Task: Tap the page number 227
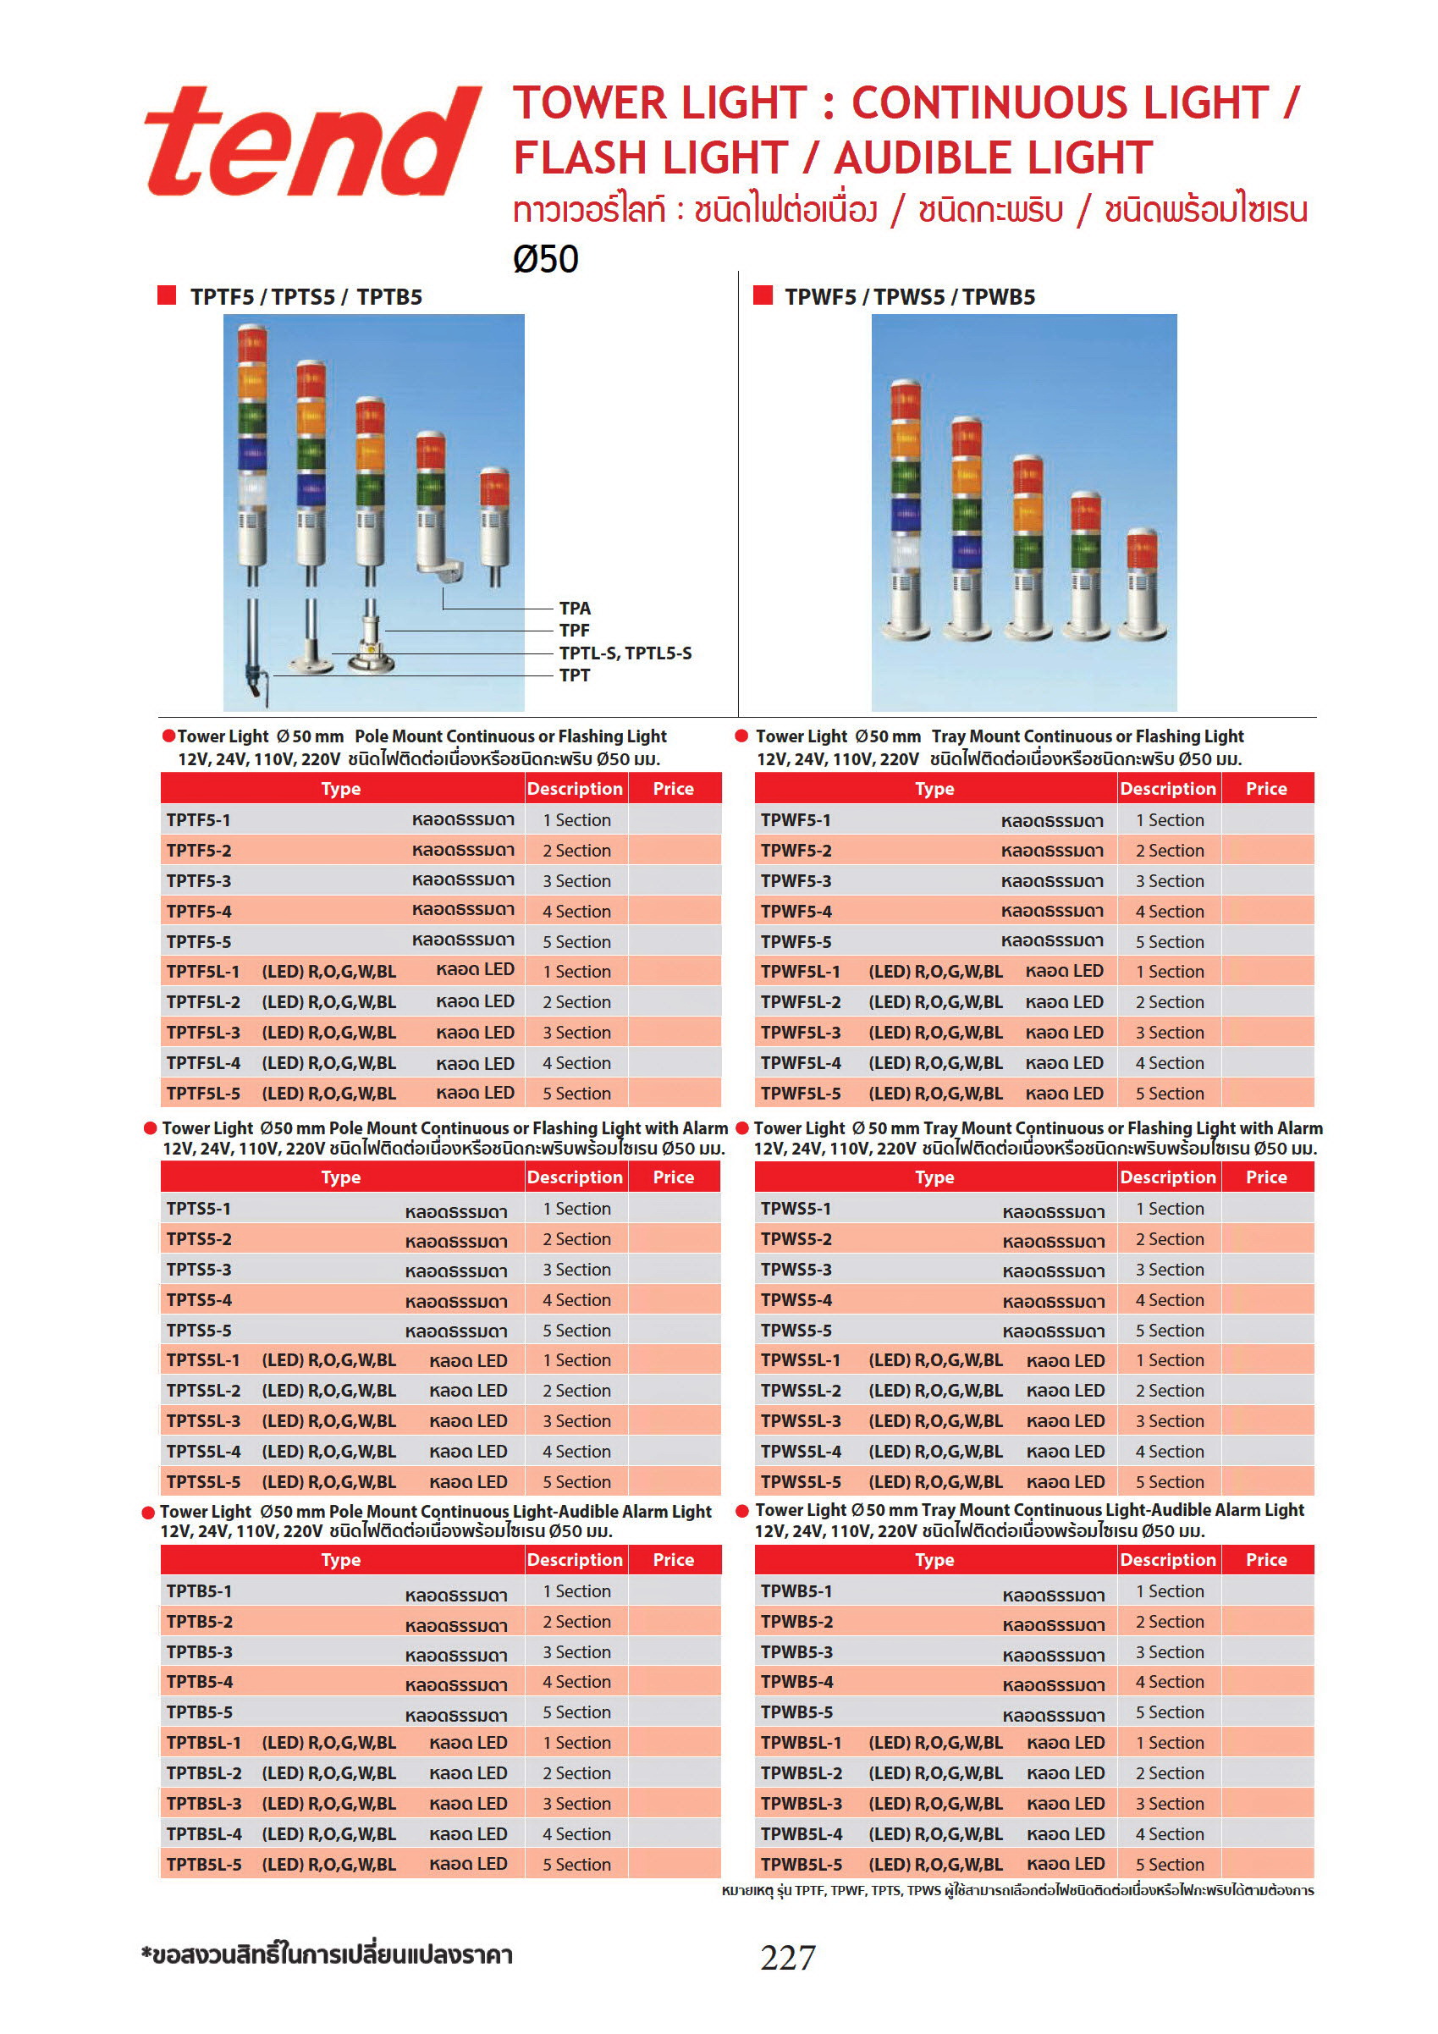click(787, 1957)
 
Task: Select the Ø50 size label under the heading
click(546, 259)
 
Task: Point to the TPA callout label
click(574, 608)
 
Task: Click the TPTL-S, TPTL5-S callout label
click(625, 653)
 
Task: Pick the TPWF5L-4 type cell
click(801, 1062)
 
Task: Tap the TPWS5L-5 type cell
click(801, 1481)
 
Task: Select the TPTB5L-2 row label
click(204, 1772)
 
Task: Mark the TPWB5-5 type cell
click(796, 1712)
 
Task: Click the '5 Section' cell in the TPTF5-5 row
click(576, 942)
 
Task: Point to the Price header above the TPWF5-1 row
click(1266, 788)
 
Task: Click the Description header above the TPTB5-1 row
click(575, 1559)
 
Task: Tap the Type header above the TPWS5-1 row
click(934, 1177)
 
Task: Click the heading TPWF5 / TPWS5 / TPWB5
click(909, 297)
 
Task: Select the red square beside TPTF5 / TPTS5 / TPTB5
click(167, 295)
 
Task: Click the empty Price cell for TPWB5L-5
click(1267, 1864)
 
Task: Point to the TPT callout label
click(574, 675)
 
